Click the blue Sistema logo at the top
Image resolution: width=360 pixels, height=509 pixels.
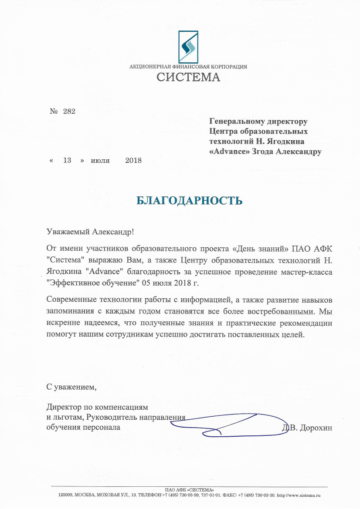(x=188, y=46)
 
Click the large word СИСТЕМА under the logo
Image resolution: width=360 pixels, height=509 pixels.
(x=188, y=78)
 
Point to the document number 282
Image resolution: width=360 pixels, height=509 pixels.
(x=69, y=111)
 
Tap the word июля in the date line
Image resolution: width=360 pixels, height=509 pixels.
(x=100, y=160)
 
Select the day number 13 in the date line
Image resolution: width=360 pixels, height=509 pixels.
(x=67, y=160)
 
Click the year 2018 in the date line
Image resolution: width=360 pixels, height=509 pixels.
(x=133, y=160)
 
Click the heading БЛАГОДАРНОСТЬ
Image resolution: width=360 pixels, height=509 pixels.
(x=189, y=201)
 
